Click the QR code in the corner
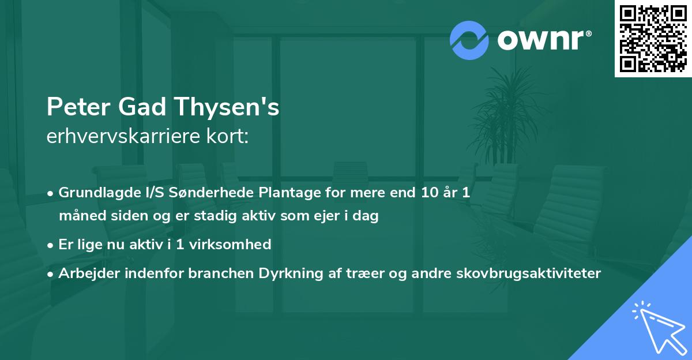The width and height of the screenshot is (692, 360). (653, 39)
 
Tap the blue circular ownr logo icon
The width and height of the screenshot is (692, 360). (469, 40)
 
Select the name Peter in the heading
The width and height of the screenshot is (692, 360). (78, 108)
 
